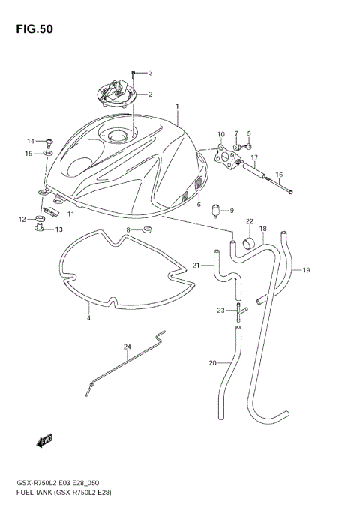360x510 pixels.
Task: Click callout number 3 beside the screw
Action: (150, 73)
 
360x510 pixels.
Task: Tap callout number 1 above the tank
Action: (178, 108)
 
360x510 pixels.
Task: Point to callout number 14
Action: (31, 141)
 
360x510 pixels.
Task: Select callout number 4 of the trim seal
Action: (88, 319)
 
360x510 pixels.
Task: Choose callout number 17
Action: (254, 158)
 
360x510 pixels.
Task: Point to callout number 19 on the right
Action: (306, 270)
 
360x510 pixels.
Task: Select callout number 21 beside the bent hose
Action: (196, 265)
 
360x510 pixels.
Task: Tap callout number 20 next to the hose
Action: (212, 363)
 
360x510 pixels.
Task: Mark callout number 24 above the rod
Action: (127, 346)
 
